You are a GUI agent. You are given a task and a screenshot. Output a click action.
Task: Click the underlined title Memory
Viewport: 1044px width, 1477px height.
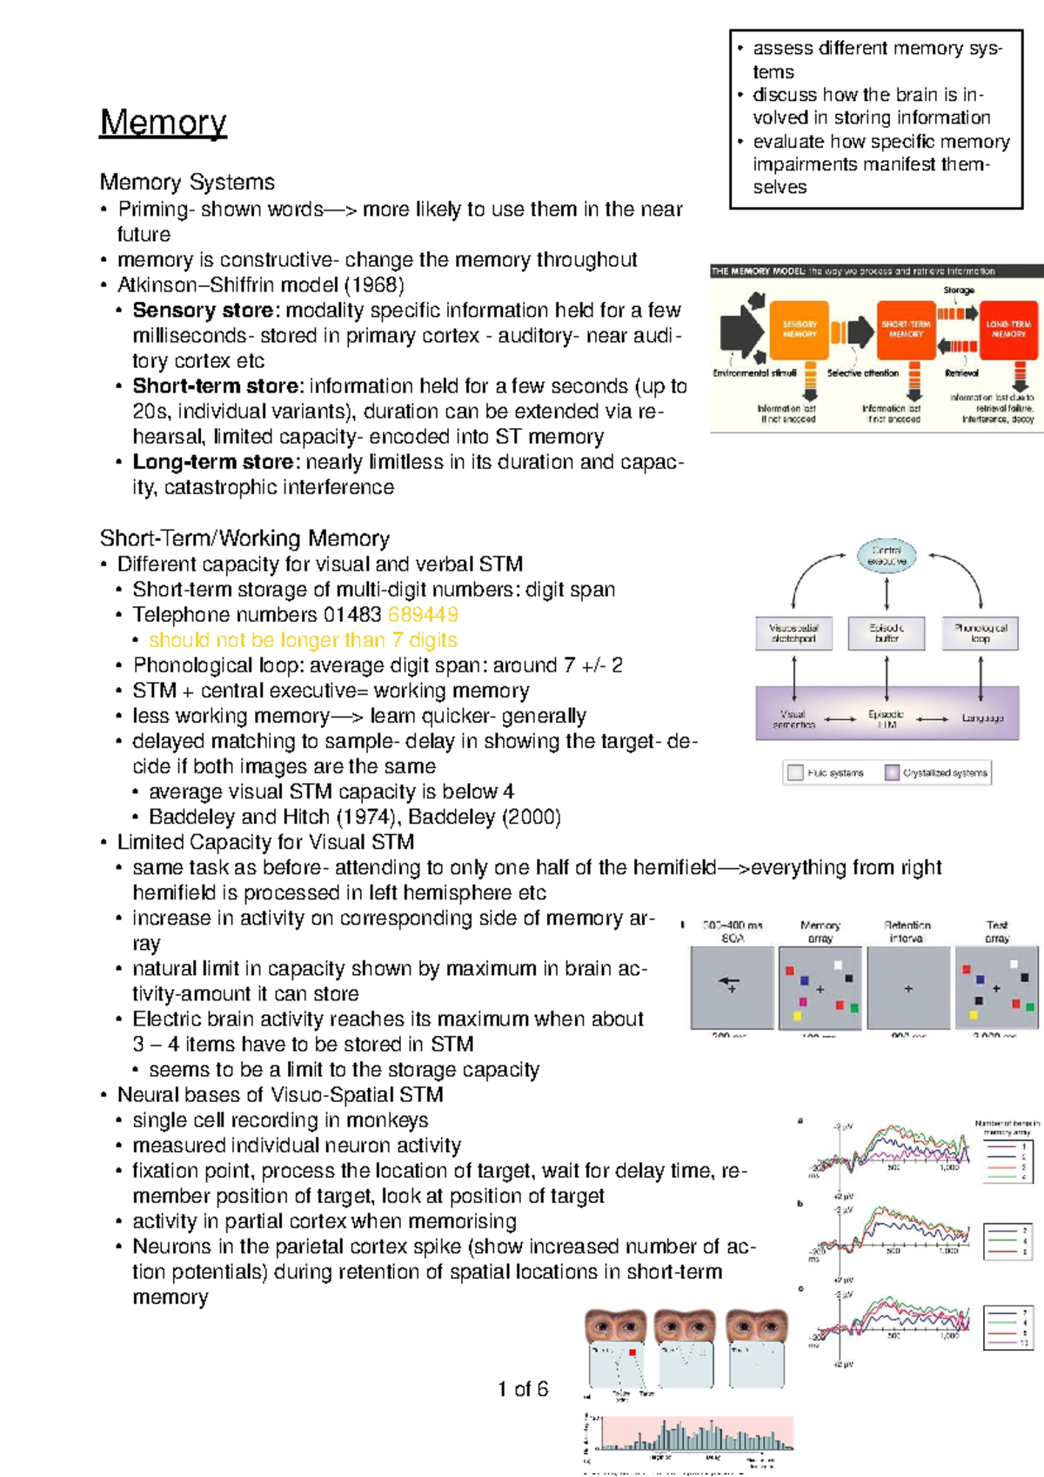(x=164, y=123)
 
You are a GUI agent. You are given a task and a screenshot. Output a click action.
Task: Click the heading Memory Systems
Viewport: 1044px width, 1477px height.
(x=187, y=182)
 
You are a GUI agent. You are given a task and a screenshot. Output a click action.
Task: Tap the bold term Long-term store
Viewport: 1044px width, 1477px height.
(x=213, y=462)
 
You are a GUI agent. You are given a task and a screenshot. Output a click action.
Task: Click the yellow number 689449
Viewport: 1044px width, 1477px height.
(x=423, y=615)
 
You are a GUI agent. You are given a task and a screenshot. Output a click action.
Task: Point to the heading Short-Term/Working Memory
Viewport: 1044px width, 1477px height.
(x=244, y=538)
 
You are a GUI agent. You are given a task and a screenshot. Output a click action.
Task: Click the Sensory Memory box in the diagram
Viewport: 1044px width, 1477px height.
(x=799, y=329)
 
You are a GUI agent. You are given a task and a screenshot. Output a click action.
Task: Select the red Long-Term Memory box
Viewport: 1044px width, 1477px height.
(x=1008, y=329)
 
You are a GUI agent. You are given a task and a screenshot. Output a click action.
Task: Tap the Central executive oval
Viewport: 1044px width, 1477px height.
(x=887, y=556)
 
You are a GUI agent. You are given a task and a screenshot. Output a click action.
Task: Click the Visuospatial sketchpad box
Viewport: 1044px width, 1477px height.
(x=793, y=633)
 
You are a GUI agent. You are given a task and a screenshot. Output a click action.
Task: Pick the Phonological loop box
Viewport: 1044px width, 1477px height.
(x=980, y=633)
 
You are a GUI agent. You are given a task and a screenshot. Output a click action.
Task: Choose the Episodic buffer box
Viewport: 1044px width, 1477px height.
(x=887, y=633)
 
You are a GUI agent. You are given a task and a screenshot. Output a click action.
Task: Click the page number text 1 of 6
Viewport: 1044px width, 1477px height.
(x=523, y=1389)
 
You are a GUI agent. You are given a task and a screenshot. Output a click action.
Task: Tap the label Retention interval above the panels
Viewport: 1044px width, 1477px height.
(x=907, y=932)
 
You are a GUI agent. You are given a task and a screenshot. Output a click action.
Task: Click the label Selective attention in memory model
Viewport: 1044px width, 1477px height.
(x=862, y=373)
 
